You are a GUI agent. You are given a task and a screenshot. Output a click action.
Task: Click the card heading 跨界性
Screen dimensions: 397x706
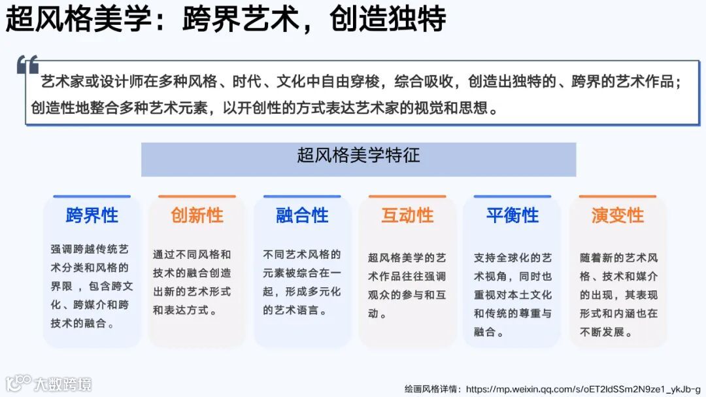pos(92,215)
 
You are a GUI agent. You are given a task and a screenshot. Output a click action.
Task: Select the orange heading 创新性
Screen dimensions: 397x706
pos(197,215)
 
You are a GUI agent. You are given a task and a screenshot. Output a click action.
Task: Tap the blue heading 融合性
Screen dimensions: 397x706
pos(302,215)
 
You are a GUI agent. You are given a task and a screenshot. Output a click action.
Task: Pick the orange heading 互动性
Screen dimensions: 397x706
pos(407,215)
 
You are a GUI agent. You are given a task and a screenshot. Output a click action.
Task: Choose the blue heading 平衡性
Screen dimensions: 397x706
pos(513,215)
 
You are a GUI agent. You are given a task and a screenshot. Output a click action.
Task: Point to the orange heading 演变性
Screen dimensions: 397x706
pos(618,215)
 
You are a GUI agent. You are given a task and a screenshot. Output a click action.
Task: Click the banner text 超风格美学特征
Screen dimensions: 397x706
pos(358,156)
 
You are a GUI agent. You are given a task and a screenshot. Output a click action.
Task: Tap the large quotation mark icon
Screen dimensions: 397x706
pos(28,65)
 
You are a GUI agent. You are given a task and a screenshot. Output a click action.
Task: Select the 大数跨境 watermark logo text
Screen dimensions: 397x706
pos(63,383)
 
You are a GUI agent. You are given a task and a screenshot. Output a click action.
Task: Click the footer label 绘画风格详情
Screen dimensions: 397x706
pos(430,388)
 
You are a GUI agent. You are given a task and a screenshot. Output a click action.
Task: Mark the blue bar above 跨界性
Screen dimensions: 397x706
pos(92,196)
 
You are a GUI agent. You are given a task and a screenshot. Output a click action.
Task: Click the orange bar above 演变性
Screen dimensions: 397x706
pos(618,196)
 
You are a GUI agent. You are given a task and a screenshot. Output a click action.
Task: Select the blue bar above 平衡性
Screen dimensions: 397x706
pos(513,196)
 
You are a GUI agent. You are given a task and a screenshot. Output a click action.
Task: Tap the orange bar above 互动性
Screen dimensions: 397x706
pos(407,196)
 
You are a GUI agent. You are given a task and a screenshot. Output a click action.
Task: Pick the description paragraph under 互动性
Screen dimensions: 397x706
pos(407,286)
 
